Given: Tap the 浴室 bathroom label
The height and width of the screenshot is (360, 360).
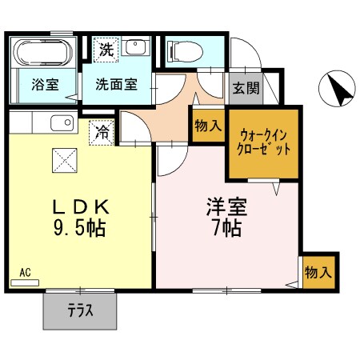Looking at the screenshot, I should pyautogui.click(x=44, y=84).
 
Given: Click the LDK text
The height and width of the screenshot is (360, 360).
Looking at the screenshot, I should pyautogui.click(x=81, y=206).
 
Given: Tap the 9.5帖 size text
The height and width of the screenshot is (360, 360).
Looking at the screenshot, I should pyautogui.click(x=81, y=228).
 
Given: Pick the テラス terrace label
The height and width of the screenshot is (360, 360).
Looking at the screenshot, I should pyautogui.click(x=82, y=310).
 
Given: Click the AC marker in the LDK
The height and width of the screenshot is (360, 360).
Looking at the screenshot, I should pyautogui.click(x=25, y=271).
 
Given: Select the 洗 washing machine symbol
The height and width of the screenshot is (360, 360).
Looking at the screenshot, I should pyautogui.click(x=106, y=50).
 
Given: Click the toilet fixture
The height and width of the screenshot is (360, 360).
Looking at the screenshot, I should pyautogui.click(x=183, y=50).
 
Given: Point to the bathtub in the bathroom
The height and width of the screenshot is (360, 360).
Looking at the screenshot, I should pyautogui.click(x=43, y=52).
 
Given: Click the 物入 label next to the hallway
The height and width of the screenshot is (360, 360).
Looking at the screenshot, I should pyautogui.click(x=207, y=126).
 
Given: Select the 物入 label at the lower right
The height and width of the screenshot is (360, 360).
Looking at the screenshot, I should pyautogui.click(x=318, y=272).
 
